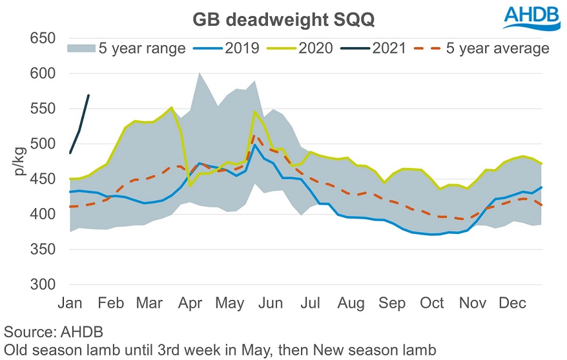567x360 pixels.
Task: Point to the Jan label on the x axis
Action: coord(70,303)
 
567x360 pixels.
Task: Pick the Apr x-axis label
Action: coord(190,303)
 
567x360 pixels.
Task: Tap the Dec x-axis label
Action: coord(514,303)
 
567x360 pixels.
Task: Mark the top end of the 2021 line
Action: coord(88,96)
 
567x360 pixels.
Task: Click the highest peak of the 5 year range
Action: coord(200,73)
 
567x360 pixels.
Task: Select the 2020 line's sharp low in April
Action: coord(191,186)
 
